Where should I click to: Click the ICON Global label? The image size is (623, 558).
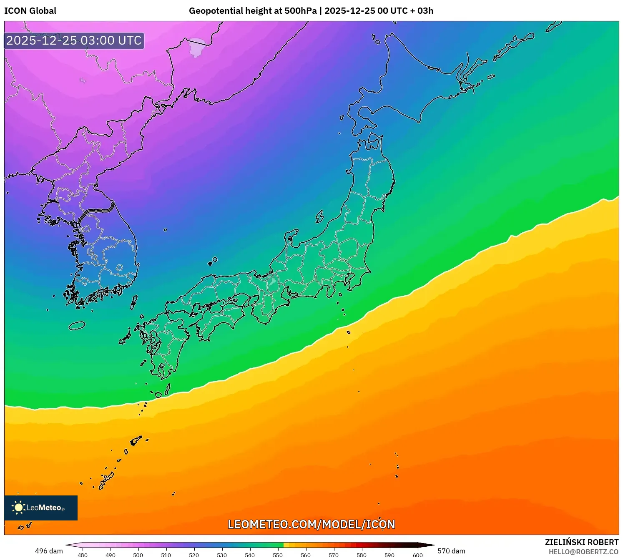pos(30,11)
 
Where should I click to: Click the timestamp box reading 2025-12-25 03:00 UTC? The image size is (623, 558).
pos(74,40)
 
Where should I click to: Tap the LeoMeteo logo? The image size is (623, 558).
pos(41,508)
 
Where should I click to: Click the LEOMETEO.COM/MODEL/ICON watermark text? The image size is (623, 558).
pos(311,524)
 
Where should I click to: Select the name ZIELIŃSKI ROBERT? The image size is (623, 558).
pos(581,542)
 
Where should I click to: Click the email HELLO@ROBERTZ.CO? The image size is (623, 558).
pos(583,552)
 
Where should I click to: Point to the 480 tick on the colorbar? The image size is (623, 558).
pos(83,555)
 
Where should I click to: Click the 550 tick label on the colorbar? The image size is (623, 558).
pos(278,555)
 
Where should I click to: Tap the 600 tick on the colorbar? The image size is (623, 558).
pos(417,555)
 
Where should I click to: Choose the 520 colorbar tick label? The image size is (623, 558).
pos(194,555)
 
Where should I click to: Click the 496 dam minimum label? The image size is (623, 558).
pos(49,551)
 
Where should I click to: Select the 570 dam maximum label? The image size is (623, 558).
pos(451,551)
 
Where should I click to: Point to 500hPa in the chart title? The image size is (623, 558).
pos(300,11)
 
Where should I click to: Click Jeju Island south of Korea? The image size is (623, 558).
pos(77,325)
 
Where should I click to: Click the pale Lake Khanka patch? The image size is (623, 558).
pos(196,48)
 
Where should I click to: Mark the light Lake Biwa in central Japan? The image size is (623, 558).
pos(272,282)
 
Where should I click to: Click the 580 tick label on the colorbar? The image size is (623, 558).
pos(362,555)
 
